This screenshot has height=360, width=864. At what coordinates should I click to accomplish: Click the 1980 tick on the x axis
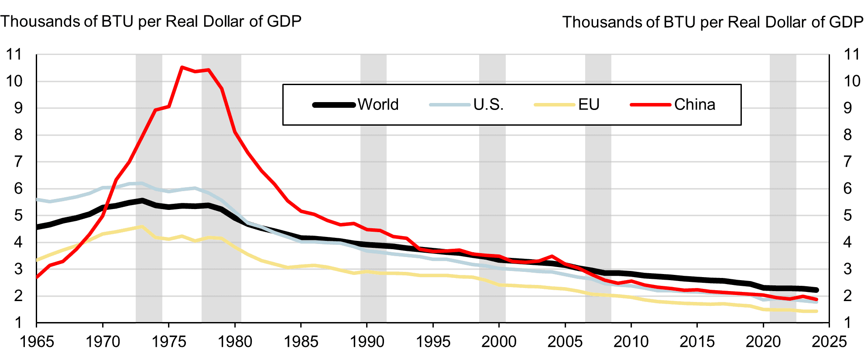tap(235, 341)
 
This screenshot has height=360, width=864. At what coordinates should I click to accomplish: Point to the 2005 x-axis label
tap(565, 341)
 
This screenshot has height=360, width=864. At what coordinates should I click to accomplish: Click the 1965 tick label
tap(37, 341)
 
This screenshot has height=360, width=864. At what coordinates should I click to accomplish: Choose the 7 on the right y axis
tap(847, 162)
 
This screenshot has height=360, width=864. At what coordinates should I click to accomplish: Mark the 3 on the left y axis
tap(18, 269)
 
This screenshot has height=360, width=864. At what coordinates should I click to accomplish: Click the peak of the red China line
tap(182, 67)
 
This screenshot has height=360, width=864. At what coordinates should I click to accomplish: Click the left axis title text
tap(151, 21)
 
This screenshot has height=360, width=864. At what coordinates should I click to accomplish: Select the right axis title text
tap(713, 22)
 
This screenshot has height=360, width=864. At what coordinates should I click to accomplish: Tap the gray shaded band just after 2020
tap(783, 188)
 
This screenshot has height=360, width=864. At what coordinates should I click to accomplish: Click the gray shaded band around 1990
tap(374, 188)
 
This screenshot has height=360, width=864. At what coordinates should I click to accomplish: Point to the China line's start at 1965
tap(37, 277)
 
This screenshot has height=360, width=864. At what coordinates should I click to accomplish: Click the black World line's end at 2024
tap(816, 290)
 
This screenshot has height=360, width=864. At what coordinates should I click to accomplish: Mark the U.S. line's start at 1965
tap(37, 199)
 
